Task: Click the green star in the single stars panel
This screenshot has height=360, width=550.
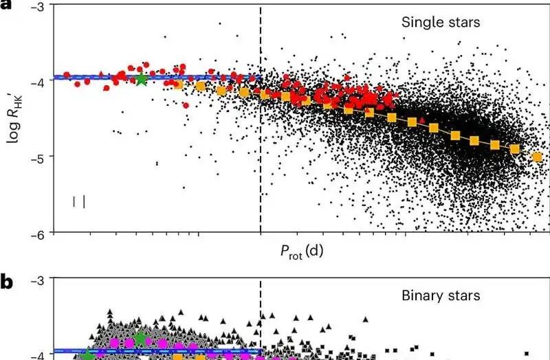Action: click(141, 78)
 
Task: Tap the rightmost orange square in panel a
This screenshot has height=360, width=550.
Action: click(537, 157)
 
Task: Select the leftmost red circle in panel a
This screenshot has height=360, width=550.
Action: click(67, 75)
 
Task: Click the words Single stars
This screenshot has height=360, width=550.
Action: click(441, 23)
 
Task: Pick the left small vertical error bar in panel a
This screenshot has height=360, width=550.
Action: click(74, 201)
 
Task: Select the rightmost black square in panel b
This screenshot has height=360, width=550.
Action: click(527, 354)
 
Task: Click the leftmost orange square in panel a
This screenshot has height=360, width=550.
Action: click(178, 84)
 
